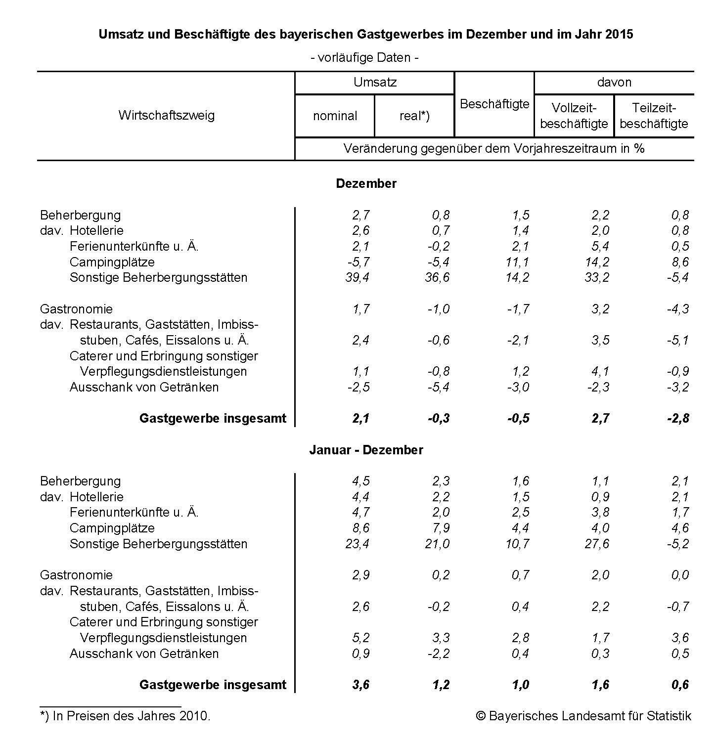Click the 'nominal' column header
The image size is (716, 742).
(335, 116)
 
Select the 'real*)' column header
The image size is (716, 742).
(414, 116)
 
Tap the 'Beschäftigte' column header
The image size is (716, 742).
(494, 104)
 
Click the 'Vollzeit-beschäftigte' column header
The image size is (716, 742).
(574, 116)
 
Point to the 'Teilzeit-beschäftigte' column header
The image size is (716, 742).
(654, 116)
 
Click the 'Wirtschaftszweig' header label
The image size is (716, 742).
(167, 116)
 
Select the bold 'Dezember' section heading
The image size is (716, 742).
(366, 183)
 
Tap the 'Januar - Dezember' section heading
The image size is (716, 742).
(366, 450)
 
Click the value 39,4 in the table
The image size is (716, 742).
(357, 277)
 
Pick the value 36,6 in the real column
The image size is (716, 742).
(437, 277)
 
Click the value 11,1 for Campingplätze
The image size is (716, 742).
(517, 262)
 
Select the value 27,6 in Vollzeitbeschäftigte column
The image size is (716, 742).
(597, 544)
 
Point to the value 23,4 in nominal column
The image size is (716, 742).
(357, 544)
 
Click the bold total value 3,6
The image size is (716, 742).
(360, 685)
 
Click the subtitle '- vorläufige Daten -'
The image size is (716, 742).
(365, 58)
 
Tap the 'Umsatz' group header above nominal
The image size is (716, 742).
(375, 82)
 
